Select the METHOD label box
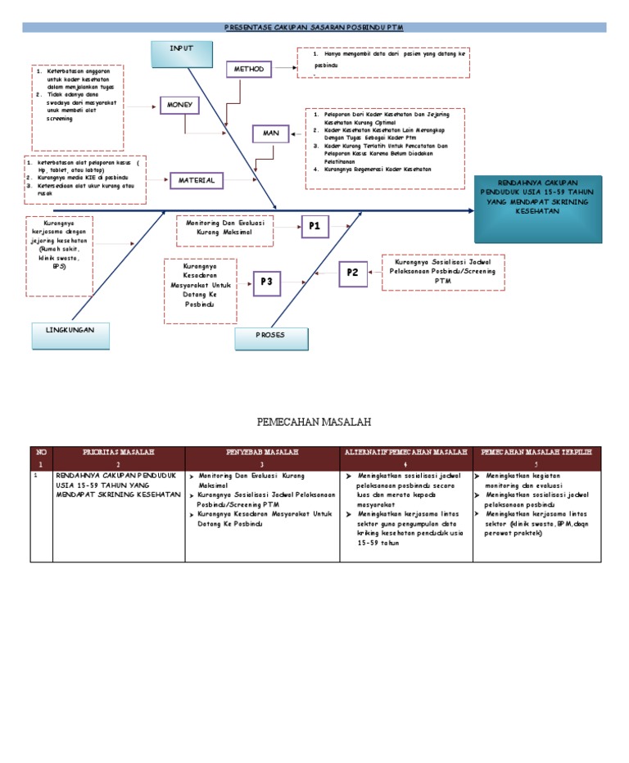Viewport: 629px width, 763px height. [x=249, y=70]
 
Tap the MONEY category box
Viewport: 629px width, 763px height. [x=180, y=105]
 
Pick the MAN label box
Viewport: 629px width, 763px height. [x=271, y=133]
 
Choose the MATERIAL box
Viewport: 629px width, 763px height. [x=197, y=180]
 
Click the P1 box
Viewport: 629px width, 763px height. [x=314, y=225]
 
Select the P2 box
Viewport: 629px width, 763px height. [x=354, y=273]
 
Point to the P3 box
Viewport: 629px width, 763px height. [x=266, y=282]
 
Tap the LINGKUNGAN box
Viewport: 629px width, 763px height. [x=72, y=329]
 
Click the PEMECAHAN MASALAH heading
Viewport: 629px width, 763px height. [x=314, y=422]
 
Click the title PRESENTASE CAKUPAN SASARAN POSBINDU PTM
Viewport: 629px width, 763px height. [x=314, y=27]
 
